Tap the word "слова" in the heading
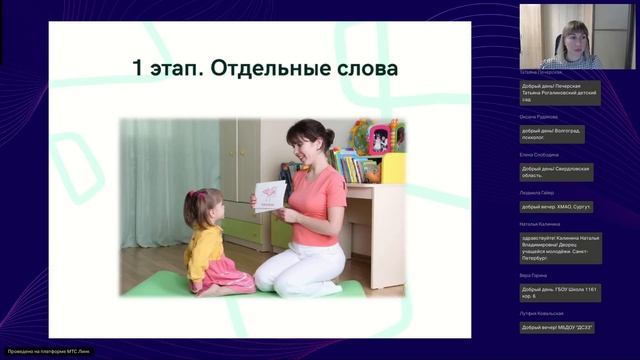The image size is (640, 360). [x=364, y=69]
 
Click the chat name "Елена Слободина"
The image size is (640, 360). [x=540, y=155]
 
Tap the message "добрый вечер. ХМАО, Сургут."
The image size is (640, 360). [x=557, y=207]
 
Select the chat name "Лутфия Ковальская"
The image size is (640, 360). [x=543, y=314]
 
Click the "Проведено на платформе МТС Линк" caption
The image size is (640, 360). [x=42, y=351]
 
